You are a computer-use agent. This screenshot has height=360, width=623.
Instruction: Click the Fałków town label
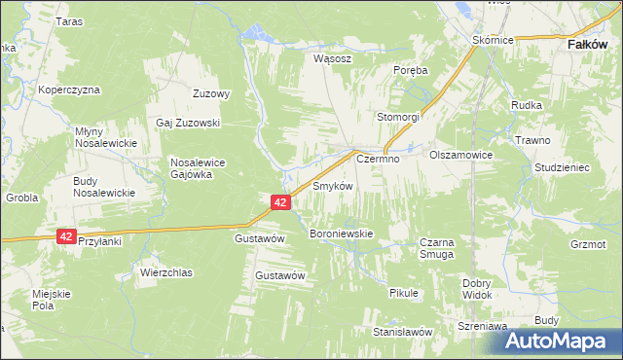click(588, 44)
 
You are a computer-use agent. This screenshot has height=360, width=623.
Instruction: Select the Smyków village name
click(332, 185)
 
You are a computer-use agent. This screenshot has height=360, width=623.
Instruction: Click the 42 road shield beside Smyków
click(280, 201)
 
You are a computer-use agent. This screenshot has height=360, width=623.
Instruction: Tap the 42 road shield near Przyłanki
click(66, 235)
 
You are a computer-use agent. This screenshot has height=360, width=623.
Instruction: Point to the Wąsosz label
click(331, 57)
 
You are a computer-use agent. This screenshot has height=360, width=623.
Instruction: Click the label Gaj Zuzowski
click(189, 123)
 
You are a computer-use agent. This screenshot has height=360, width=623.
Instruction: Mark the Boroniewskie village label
click(341, 234)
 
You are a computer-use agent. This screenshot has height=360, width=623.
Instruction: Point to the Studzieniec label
click(563, 166)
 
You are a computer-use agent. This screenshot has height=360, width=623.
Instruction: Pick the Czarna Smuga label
click(436, 248)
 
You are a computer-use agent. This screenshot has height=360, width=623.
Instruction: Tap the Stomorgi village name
click(399, 117)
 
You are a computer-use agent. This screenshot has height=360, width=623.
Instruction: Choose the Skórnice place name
click(493, 41)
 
